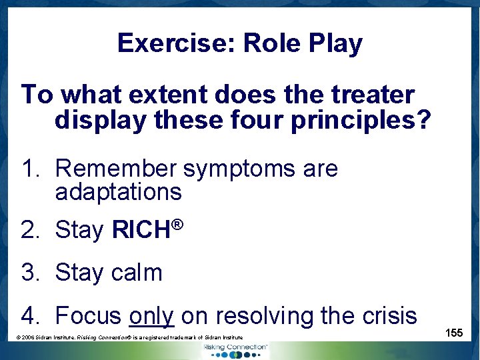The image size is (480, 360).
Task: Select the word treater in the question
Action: (376, 95)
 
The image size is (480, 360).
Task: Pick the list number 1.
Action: (29, 169)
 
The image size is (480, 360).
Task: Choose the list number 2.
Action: (29, 230)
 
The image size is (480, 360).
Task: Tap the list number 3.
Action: (29, 273)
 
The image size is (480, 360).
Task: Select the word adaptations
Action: (118, 192)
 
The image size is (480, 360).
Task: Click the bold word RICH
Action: (141, 230)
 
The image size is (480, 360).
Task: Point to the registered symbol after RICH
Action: (177, 224)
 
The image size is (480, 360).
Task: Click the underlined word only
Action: (151, 315)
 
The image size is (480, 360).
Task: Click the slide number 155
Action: (454, 333)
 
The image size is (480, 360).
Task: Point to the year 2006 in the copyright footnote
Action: (29, 339)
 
